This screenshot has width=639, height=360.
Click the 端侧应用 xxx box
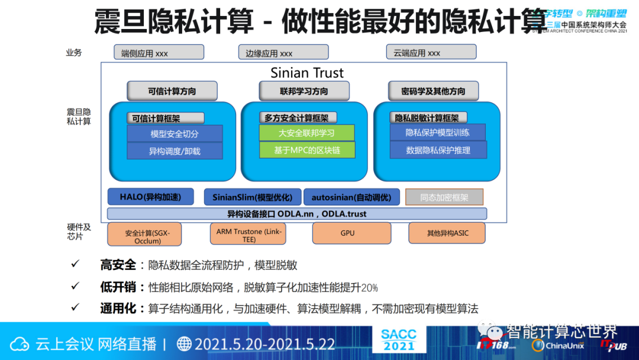pyautogui.click(x=159, y=53)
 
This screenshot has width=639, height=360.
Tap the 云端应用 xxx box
pyautogui.click(x=431, y=53)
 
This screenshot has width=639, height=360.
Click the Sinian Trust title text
pyautogui.click(x=307, y=73)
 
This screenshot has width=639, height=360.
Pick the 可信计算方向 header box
pyautogui.click(x=172, y=91)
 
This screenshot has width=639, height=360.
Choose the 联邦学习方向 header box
pyautogui.click(x=304, y=91)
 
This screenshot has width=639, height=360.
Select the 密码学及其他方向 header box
pyautogui.click(x=433, y=91)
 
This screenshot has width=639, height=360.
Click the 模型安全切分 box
pyautogui.click(x=175, y=134)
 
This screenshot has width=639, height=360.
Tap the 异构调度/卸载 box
pyautogui.click(x=175, y=151)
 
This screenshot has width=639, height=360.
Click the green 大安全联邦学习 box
pyautogui.click(x=306, y=133)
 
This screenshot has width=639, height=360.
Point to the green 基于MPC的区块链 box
pyautogui.click(x=306, y=150)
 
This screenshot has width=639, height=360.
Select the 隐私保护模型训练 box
pyautogui.click(x=438, y=133)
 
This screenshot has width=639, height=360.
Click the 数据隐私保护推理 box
pyautogui.click(x=438, y=150)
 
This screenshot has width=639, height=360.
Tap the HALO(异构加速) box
pyautogui.click(x=150, y=197)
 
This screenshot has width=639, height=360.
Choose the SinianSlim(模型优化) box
pyautogui.click(x=252, y=197)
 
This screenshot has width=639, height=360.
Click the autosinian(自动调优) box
pyautogui.click(x=351, y=197)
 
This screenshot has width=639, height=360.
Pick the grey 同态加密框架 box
pyautogui.click(x=444, y=197)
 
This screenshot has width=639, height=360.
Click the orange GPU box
pyautogui.click(x=347, y=233)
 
